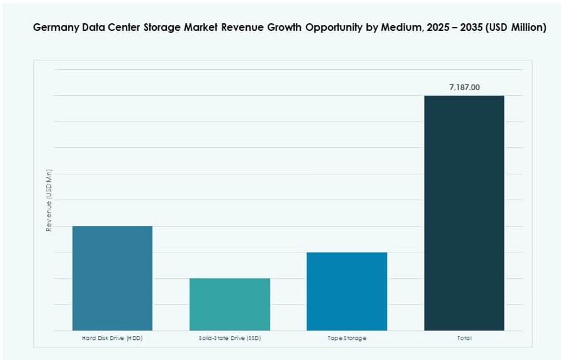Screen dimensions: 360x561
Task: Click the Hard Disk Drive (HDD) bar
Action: (112, 278)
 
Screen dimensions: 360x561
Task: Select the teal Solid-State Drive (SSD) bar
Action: (230, 304)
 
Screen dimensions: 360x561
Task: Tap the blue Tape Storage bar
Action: (347, 291)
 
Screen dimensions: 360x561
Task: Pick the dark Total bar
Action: (464, 213)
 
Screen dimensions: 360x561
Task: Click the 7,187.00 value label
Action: (464, 87)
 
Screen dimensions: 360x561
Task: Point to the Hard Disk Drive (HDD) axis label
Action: (112, 338)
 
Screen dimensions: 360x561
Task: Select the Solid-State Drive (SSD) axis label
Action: (230, 338)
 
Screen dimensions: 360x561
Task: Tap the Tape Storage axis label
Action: (347, 338)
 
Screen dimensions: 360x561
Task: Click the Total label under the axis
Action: (464, 338)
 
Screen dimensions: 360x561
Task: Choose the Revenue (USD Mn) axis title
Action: (48, 200)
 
